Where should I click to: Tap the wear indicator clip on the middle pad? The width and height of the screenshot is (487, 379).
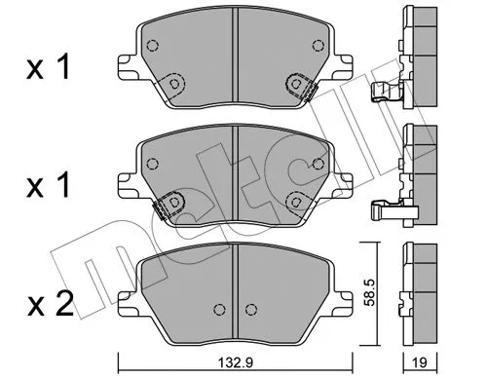(168, 203)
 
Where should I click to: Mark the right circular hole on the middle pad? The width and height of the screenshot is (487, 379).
(294, 200)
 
